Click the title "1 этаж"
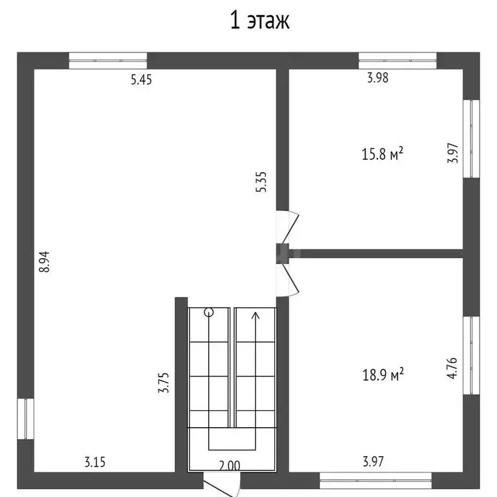260,20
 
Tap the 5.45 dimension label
141,80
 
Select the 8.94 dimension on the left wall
45,262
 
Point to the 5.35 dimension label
261,182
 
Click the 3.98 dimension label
377,78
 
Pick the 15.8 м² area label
382,154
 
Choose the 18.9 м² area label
383,375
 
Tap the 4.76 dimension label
452,368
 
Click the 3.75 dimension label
164,383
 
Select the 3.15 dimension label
94,462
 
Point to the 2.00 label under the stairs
230,466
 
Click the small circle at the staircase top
208,313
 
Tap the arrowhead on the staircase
256,315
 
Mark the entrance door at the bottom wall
221,485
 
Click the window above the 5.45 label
108,61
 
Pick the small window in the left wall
25,419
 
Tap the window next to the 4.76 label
471,355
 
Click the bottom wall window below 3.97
375,481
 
